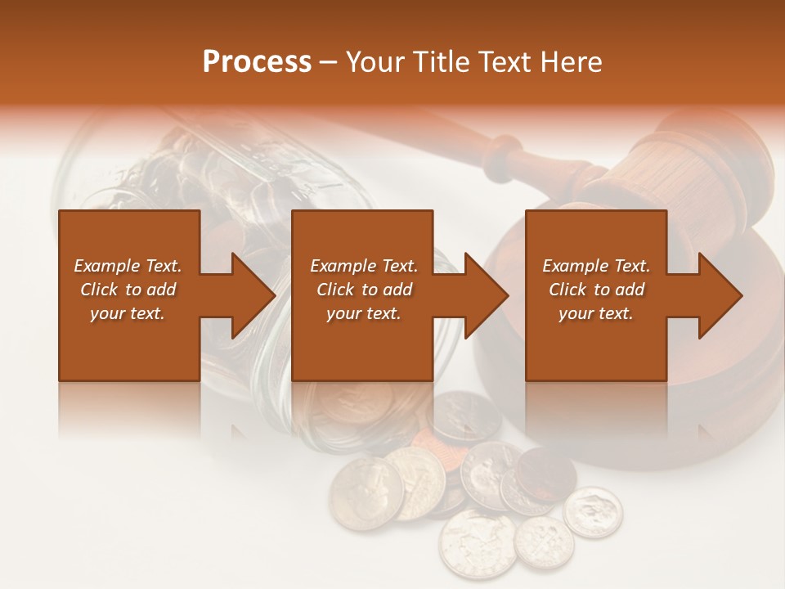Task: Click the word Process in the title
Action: [257, 62]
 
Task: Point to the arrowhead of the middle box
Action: [485, 295]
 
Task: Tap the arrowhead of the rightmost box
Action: [719, 295]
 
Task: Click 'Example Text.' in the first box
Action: [128, 266]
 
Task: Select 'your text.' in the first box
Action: [128, 313]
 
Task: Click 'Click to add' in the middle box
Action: [364, 290]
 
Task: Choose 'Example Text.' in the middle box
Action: [364, 266]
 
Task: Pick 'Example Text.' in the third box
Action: [596, 266]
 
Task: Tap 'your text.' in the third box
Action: [596, 313]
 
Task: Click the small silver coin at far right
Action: [593, 512]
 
